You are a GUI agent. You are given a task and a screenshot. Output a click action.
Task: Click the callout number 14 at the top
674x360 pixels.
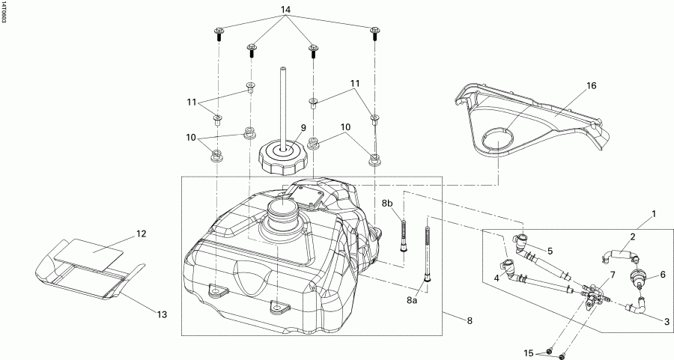(285, 10)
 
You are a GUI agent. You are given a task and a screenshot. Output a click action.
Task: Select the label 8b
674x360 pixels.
(388, 204)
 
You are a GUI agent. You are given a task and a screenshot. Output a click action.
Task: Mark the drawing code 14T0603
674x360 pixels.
(4, 13)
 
